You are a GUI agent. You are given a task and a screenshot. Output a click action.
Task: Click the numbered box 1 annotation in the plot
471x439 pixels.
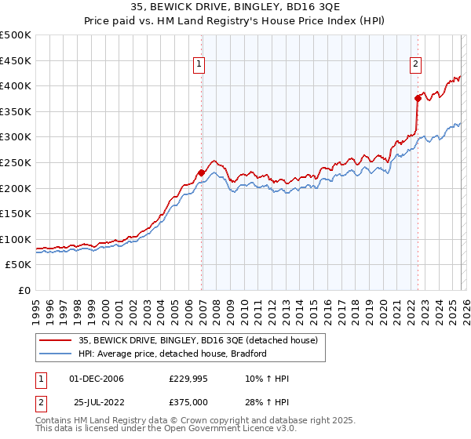pos(199,65)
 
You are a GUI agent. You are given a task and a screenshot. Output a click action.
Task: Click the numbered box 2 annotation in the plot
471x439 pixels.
pos(415,65)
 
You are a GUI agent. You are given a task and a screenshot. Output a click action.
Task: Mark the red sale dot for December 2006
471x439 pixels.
pos(201,172)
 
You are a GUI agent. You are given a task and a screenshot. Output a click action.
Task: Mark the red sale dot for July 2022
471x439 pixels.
pos(418,98)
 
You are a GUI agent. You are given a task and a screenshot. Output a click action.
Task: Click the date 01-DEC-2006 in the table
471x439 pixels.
pos(96,379)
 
